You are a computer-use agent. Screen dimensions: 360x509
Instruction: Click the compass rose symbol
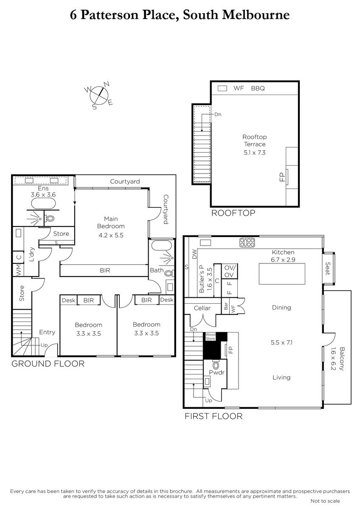[x=98, y=95]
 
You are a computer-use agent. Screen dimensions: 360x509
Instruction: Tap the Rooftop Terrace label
[x=254, y=140]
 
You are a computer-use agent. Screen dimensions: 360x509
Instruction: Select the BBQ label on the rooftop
[x=258, y=88]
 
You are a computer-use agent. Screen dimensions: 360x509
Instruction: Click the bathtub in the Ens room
[x=43, y=204]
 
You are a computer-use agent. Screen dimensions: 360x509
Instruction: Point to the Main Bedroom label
[x=111, y=222]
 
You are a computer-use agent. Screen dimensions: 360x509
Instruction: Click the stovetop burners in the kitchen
[x=247, y=243]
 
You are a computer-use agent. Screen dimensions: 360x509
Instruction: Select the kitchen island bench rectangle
[x=282, y=274]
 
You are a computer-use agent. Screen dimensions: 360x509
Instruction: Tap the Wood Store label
[x=211, y=336]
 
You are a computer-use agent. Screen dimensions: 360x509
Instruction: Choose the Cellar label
[x=202, y=308]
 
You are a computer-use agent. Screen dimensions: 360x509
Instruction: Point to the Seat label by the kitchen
[x=328, y=268]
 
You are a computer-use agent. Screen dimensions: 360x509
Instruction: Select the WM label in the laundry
[x=18, y=270]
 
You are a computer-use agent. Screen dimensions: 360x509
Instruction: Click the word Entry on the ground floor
[x=47, y=332]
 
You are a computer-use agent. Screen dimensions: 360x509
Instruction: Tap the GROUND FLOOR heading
[x=48, y=364]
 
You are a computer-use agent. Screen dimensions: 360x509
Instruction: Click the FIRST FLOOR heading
[x=214, y=416]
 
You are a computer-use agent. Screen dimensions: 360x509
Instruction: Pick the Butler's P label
[x=202, y=279]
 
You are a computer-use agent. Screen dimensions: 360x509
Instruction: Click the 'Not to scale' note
[x=325, y=501]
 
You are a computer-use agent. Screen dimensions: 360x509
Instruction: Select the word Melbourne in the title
[x=256, y=15]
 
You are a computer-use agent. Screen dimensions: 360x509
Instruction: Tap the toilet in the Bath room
[x=170, y=273]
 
